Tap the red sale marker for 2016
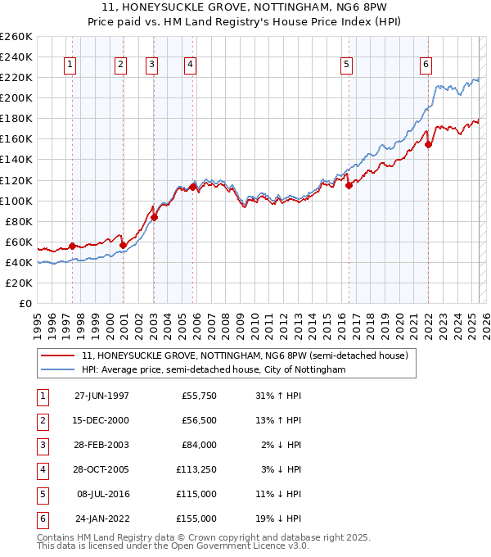click(349, 185)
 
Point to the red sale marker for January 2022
click(428, 144)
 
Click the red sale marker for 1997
click(72, 246)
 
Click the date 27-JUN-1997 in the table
click(101, 396)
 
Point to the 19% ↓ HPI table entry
click(279, 519)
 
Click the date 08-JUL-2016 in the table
click(102, 495)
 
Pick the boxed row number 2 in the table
click(41, 421)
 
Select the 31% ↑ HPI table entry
click(279, 396)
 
